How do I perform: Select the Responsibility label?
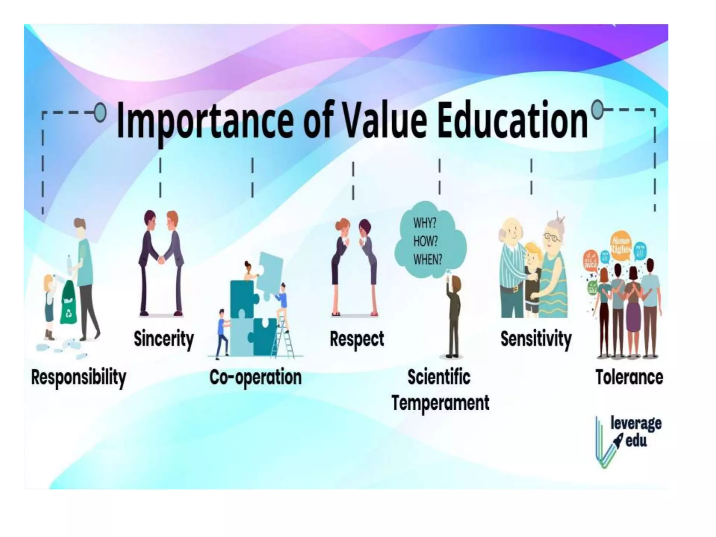(78, 378)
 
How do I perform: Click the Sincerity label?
(164, 339)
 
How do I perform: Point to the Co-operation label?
(255, 378)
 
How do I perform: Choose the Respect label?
(357, 339)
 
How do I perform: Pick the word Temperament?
(440, 403)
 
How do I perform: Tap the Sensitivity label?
(536, 339)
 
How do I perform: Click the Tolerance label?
(629, 378)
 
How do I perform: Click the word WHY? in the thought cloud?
(424, 223)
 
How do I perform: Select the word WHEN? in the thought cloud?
(427, 259)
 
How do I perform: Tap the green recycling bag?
(68, 304)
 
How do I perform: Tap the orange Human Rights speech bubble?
(621, 245)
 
